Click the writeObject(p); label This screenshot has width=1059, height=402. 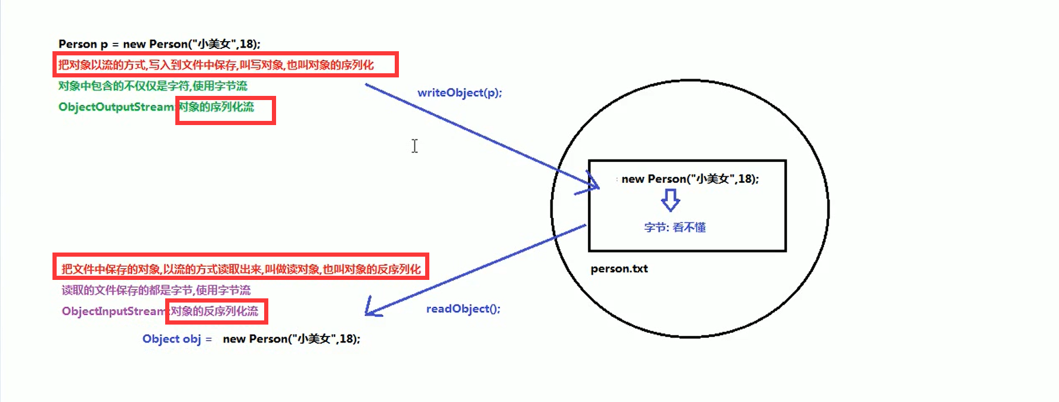click(459, 93)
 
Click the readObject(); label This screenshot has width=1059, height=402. click(463, 308)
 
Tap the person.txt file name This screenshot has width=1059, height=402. click(619, 269)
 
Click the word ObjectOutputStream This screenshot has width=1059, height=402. click(116, 107)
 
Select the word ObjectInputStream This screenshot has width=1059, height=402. click(113, 311)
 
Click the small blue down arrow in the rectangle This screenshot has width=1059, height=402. click(671, 201)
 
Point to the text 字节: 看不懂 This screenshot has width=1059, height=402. click(674, 228)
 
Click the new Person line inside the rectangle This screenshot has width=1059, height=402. click(690, 179)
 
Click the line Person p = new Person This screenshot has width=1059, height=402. click(159, 44)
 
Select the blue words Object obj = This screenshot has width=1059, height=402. click(176, 339)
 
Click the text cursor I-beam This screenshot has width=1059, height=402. click(414, 146)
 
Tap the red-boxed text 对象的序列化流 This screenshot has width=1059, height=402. click(217, 107)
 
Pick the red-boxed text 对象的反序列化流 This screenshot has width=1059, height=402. click(215, 311)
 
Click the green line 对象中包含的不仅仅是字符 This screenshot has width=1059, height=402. click(153, 86)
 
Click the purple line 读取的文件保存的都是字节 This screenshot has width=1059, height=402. click(156, 291)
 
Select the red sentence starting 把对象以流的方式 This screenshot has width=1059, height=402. click(216, 65)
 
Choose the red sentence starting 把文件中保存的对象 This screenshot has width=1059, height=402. click(241, 269)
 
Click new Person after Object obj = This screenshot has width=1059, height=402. click(291, 339)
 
